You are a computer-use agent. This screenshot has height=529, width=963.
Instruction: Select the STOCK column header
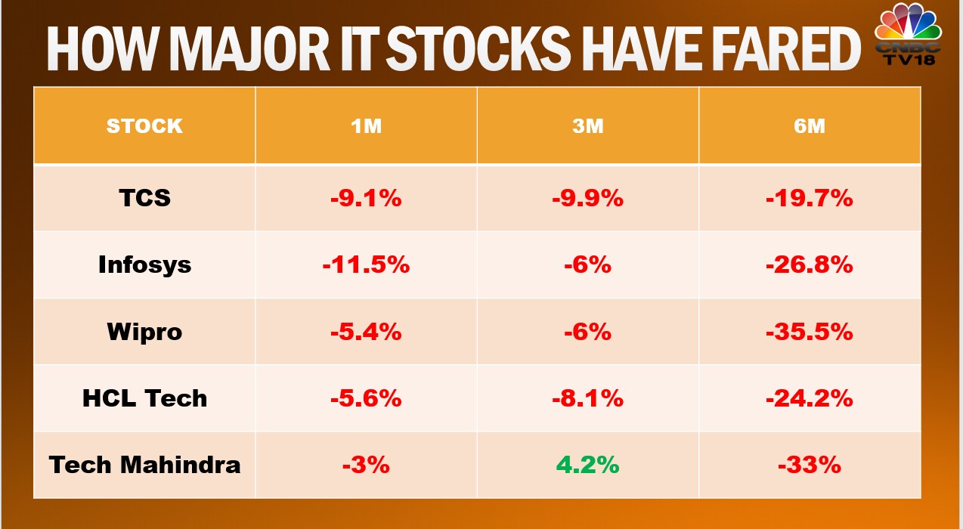[144, 125]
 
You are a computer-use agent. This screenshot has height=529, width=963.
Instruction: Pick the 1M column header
[366, 125]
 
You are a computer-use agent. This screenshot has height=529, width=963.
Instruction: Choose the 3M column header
[587, 125]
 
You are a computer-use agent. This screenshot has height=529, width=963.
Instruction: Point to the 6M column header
[809, 125]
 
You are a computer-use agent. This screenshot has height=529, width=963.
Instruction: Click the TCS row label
[144, 198]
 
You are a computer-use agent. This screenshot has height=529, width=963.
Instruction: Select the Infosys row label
[144, 265]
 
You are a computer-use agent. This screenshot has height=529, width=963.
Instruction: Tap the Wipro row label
[144, 332]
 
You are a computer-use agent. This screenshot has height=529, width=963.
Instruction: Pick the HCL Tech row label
[144, 398]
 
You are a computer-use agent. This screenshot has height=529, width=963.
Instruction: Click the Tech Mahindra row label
[144, 464]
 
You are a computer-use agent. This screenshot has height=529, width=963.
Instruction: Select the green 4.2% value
[587, 465]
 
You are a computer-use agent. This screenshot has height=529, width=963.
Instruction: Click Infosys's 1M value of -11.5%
[366, 265]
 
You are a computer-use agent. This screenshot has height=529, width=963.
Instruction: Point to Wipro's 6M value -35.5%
[809, 332]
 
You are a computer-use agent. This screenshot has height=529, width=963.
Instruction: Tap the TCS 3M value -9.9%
[587, 199]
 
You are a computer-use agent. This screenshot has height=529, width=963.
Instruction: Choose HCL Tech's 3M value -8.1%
[587, 398]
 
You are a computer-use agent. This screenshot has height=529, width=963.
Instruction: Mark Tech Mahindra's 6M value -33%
[809, 465]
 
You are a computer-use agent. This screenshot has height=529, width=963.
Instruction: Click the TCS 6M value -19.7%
[809, 199]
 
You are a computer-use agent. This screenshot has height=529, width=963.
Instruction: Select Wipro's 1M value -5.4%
[366, 332]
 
